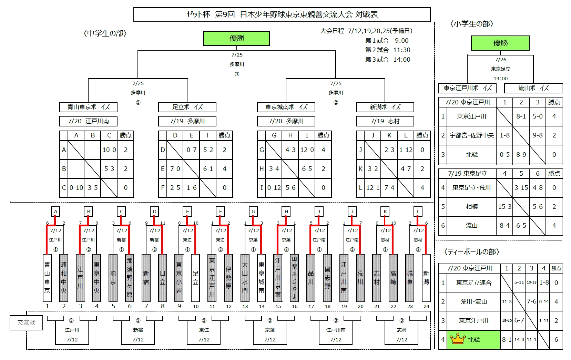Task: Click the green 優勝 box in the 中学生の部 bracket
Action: coord(236,38)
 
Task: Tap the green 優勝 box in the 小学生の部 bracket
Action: coord(500,43)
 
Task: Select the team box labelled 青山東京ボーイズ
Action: coord(89,107)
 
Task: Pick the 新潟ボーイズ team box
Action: coord(385,107)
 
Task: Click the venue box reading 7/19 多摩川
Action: coord(187,121)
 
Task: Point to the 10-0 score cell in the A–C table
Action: coord(109,150)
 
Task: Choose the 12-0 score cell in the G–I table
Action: coord(307,150)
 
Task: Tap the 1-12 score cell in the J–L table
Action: coord(406,150)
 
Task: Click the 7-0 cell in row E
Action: coord(175,169)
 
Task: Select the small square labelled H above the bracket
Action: coord(286,212)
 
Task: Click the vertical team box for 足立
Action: coord(195,278)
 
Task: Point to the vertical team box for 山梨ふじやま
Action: coord(294,278)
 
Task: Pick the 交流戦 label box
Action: coord(26,322)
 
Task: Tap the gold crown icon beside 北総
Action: coord(458,339)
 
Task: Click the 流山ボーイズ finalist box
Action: coord(533,88)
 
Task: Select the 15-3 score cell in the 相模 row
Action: coord(505,207)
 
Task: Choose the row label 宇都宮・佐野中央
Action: coord(472,135)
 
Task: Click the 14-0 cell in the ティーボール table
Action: coord(519,340)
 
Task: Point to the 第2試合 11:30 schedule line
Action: coord(387,50)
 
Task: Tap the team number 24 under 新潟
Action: coord(426,307)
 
